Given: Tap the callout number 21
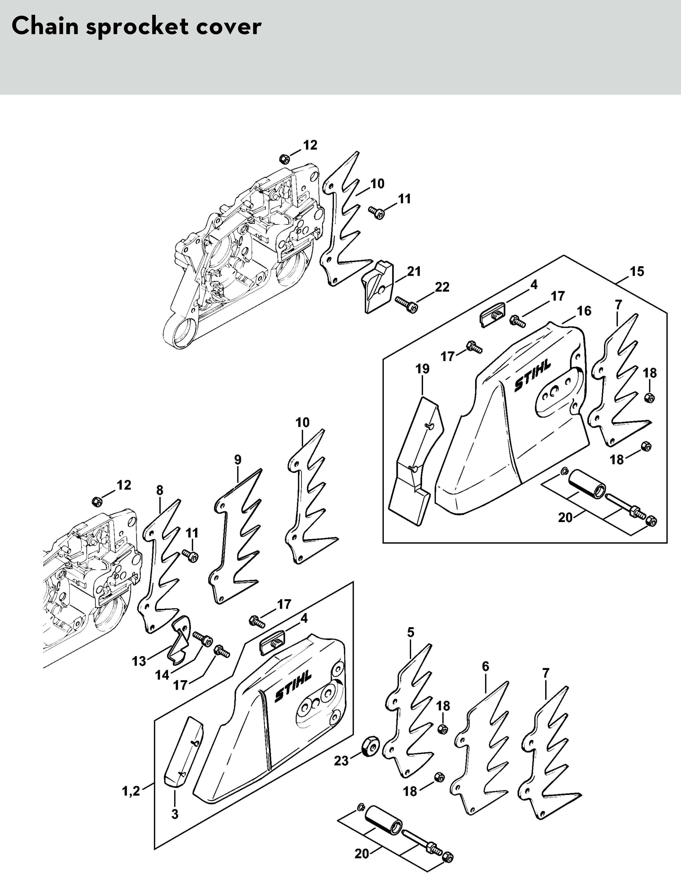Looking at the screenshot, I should click(x=414, y=271).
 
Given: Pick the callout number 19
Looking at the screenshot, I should click(x=422, y=369).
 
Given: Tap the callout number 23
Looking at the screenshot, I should click(x=341, y=761).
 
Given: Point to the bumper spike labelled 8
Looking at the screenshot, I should click(x=160, y=567).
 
